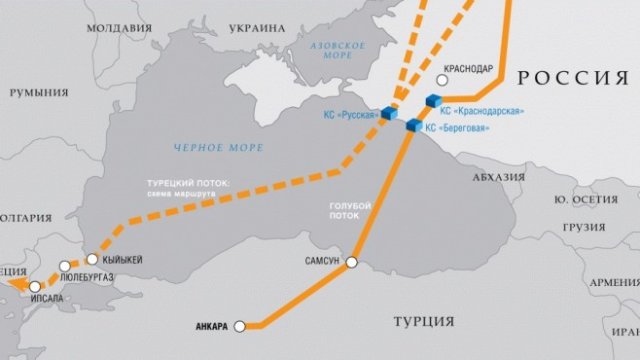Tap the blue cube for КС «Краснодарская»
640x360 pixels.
pos(434,100)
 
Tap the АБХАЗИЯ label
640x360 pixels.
pos(496,177)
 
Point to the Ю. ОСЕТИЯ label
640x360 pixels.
pos(590,200)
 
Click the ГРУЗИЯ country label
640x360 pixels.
pos(587,226)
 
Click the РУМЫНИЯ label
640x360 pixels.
pos(32,92)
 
